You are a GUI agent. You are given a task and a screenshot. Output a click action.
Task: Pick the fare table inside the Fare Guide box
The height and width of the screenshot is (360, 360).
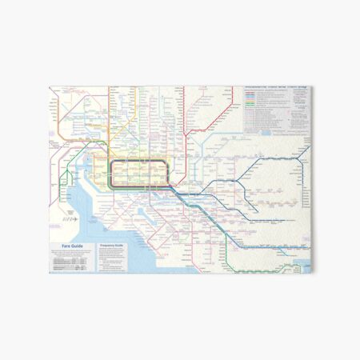coord(72,263)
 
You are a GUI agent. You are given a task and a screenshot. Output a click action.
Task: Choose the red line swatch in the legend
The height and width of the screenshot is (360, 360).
coord(250,96)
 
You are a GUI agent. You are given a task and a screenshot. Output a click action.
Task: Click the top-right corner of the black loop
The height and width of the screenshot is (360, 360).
coord(165,162)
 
